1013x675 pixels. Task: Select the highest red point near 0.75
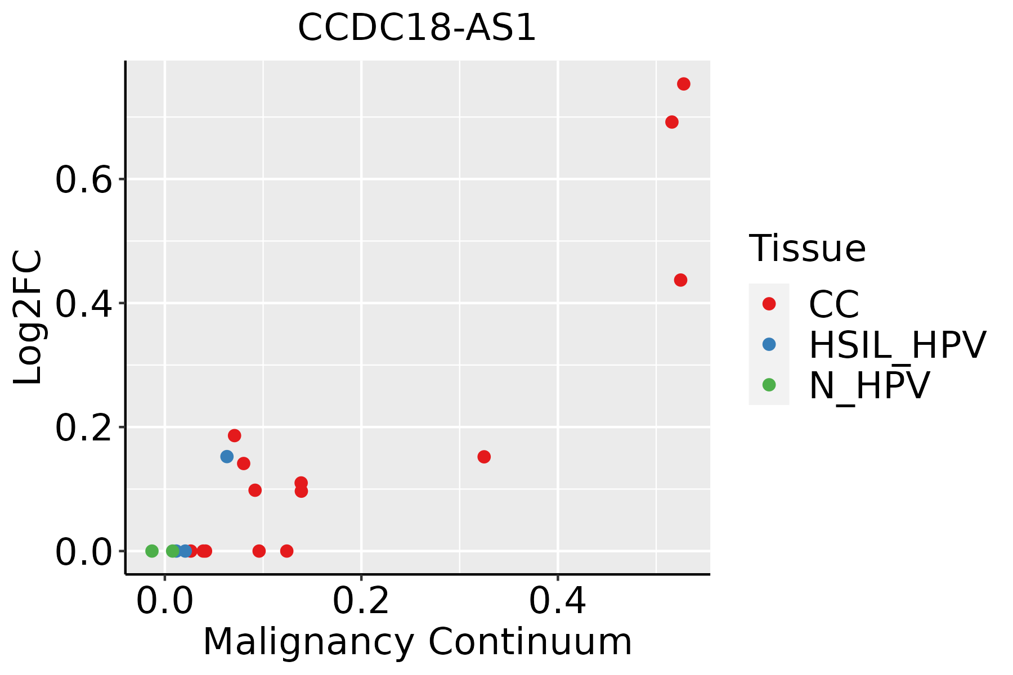683,84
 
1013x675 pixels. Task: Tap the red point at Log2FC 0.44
680,280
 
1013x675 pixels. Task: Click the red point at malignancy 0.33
484,457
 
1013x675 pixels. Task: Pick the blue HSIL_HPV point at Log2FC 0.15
227,457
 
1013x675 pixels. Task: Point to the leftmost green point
152,551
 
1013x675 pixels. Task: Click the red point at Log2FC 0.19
235,435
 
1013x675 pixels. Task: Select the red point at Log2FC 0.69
672,122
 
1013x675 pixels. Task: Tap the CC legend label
833,304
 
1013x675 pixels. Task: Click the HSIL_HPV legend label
897,345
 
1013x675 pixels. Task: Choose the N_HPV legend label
869,385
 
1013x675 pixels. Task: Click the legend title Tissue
807,249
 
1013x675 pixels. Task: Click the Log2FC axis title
28,317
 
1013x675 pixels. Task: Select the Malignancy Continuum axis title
417,642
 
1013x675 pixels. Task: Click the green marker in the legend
769,385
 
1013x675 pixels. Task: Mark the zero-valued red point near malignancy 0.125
286,551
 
